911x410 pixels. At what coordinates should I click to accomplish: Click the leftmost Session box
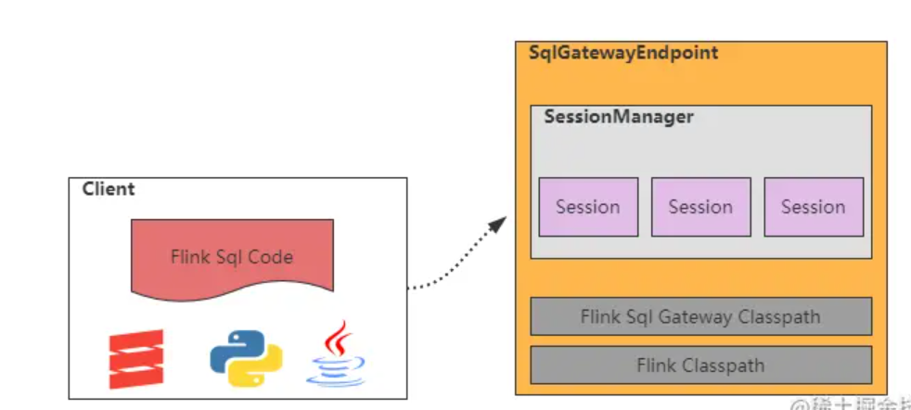(588, 207)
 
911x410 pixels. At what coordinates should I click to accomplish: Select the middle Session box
(700, 207)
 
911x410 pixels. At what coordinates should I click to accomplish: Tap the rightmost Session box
(814, 207)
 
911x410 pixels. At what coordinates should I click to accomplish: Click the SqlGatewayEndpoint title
(622, 53)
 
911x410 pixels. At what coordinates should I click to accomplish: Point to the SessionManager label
(619, 118)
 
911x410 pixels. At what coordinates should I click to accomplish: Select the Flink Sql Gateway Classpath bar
(700, 316)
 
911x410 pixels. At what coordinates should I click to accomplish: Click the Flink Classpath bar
(700, 365)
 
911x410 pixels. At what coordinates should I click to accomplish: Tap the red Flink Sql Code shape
(232, 256)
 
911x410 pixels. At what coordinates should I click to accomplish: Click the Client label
(109, 189)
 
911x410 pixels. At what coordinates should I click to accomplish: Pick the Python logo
(246, 358)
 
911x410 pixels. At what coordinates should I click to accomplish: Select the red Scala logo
(136, 359)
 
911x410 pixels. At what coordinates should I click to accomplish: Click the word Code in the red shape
(271, 257)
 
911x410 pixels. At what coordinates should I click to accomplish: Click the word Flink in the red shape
(190, 257)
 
